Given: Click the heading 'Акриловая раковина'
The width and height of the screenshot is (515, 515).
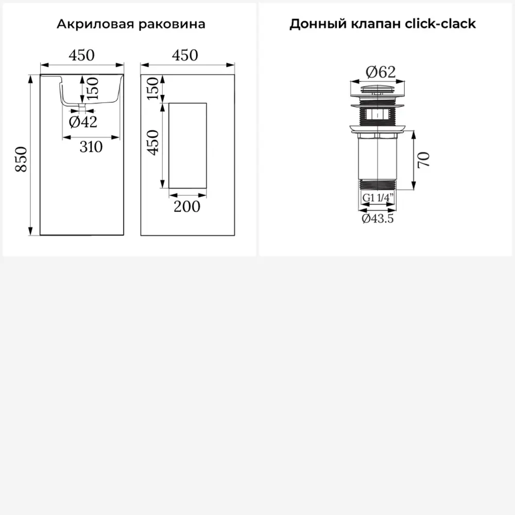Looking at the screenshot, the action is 131,24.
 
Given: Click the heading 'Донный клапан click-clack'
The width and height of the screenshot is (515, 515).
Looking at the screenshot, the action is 383,24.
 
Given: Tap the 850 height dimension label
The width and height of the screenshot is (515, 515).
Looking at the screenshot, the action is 21,159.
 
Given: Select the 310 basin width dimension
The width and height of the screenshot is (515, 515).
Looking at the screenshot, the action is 91,147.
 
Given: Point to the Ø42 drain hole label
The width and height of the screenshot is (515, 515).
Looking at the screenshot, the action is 83,122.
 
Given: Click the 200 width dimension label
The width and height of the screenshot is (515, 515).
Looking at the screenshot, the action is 187,207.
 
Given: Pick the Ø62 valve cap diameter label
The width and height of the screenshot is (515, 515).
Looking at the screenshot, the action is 381,72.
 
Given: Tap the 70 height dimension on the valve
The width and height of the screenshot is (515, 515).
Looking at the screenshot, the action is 424,160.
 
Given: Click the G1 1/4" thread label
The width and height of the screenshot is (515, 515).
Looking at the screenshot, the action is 377,198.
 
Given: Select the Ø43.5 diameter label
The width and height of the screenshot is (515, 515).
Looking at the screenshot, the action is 377,218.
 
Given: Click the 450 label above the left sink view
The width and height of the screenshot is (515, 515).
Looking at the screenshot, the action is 82,55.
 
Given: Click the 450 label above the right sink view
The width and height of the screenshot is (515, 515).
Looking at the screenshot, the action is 185,55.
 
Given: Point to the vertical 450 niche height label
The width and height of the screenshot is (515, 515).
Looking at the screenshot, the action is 153,142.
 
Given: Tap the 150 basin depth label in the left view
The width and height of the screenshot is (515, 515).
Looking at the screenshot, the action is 93,89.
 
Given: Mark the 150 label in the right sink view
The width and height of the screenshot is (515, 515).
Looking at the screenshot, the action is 153,89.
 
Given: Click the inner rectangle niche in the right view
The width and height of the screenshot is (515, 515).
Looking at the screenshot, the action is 188,146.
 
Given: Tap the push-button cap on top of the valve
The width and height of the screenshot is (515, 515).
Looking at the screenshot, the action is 377,89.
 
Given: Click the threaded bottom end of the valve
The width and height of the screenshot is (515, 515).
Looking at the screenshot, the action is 377,184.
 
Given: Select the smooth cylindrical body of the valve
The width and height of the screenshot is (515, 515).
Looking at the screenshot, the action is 377,159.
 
